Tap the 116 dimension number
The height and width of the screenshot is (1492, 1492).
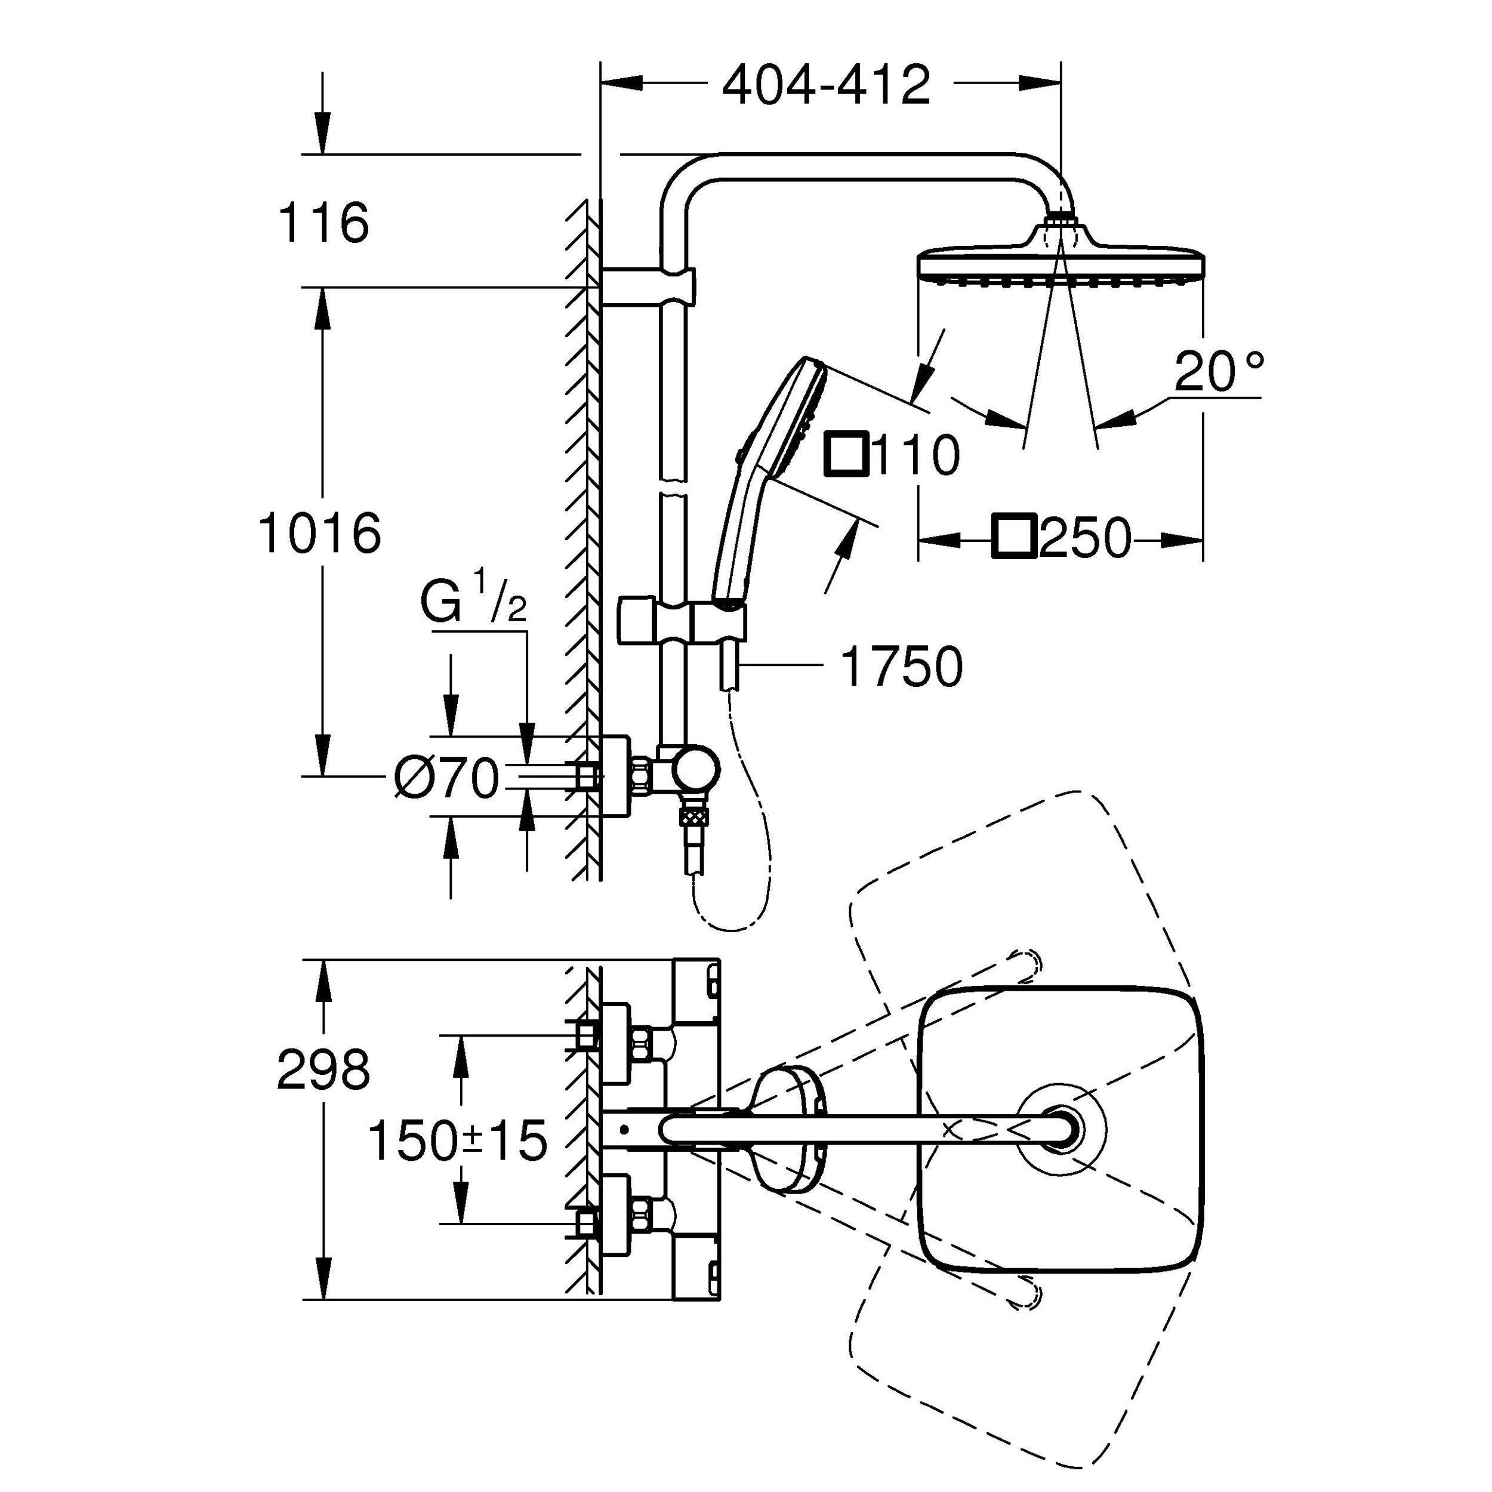coord(323,223)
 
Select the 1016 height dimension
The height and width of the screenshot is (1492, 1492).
coord(320,533)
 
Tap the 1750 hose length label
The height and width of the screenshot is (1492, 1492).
coord(901,667)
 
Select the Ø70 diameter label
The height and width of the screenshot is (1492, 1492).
coord(446,778)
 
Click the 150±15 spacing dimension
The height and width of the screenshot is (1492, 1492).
coord(458,1140)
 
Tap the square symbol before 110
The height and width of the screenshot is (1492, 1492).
coord(848,455)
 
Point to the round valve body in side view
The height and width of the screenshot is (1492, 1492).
coord(696,770)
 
